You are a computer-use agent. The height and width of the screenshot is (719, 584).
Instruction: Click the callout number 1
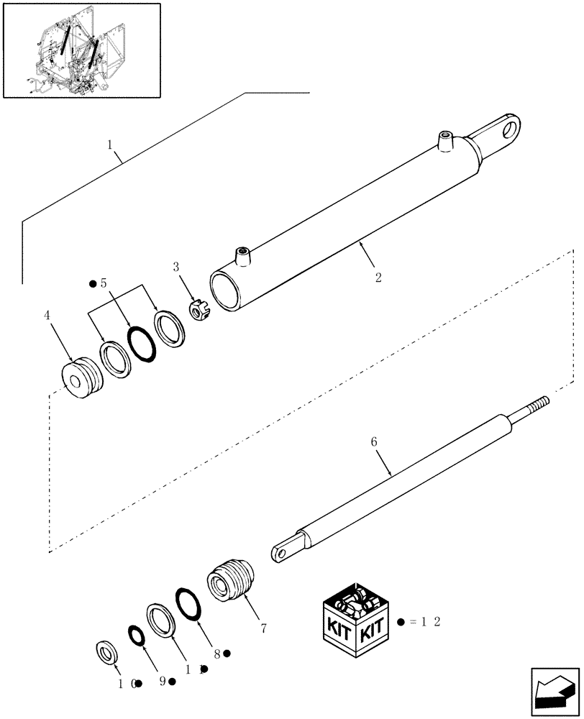click(111, 145)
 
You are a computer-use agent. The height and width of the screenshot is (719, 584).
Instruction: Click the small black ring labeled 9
click(135, 636)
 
